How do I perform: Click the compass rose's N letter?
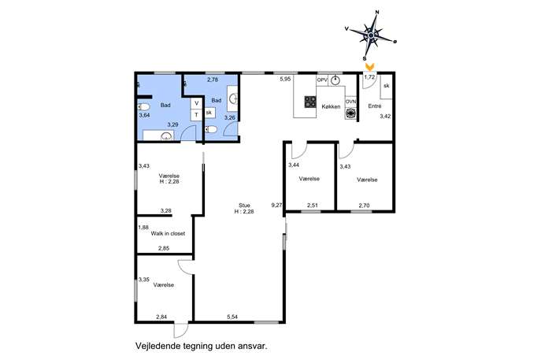(x=377, y=12)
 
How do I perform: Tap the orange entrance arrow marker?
(x=369, y=67)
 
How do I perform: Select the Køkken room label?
(x=331, y=106)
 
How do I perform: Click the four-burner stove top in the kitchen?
(x=310, y=102)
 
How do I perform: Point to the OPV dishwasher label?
(x=322, y=80)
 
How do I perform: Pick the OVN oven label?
(x=350, y=102)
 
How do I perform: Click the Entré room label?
(x=374, y=106)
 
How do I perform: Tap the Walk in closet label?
(x=168, y=234)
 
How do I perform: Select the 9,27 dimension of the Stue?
(x=276, y=205)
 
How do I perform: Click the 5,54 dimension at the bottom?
(x=232, y=317)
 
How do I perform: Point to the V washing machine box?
(x=196, y=103)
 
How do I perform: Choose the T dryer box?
(x=196, y=115)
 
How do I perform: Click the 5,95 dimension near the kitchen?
(x=285, y=79)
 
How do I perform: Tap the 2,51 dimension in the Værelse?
(x=313, y=206)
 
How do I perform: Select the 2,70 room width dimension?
(x=364, y=206)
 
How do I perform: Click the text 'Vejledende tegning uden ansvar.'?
(x=202, y=346)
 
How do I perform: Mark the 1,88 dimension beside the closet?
(x=143, y=228)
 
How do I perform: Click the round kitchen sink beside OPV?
(x=335, y=80)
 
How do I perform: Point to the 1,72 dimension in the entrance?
(x=369, y=77)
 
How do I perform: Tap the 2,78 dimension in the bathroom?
(x=213, y=80)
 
